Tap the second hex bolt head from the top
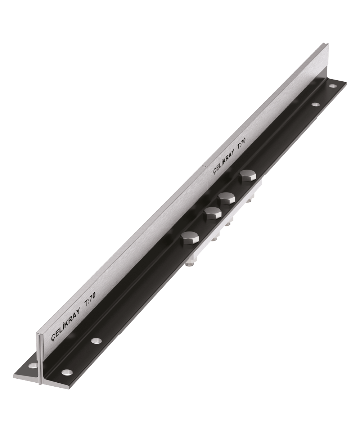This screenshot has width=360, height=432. click(x=227, y=198)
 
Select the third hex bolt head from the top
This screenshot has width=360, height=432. click(x=212, y=213)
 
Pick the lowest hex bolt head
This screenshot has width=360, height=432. click(x=190, y=238)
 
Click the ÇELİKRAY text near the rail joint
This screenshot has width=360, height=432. click(x=224, y=162)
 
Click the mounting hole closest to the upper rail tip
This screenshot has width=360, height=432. click(x=333, y=85)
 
